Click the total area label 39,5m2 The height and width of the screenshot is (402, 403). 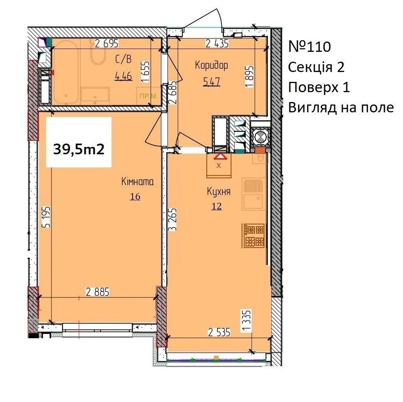[x=79, y=149]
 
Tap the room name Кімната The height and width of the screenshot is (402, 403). [x=137, y=182]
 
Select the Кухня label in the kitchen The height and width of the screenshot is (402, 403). [x=219, y=192]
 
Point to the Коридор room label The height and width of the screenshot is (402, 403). [x=212, y=65]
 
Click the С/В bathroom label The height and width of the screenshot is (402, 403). [x=123, y=60]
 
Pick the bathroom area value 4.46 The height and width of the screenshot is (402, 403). [x=123, y=76]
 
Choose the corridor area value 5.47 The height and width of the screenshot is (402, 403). [x=212, y=82]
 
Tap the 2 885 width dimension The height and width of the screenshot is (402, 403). [x=98, y=292]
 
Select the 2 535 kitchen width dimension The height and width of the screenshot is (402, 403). [x=219, y=332]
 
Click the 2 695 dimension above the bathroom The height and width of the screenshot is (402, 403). [x=107, y=44]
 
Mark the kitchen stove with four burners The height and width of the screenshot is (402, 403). [x=254, y=236]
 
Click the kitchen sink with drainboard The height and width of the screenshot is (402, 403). [x=254, y=194]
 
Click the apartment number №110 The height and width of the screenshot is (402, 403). [x=310, y=47]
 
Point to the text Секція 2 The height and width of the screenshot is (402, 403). [x=316, y=67]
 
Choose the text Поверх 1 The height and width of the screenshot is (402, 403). [x=319, y=87]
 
